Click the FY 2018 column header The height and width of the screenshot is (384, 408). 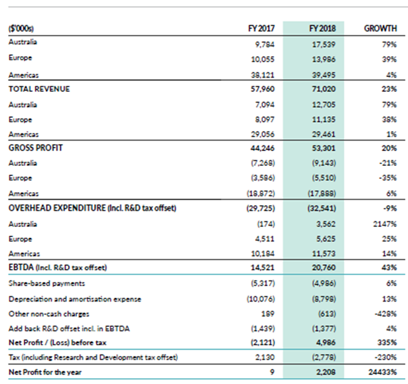pyautogui.click(x=322, y=28)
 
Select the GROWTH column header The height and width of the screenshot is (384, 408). pyautogui.click(x=380, y=28)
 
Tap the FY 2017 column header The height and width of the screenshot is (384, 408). pyautogui.click(x=261, y=28)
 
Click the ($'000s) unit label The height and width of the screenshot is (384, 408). pyautogui.click(x=21, y=28)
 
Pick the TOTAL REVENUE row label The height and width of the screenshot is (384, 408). pyautogui.click(x=39, y=89)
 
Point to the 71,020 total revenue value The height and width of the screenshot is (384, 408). pyautogui.click(x=324, y=89)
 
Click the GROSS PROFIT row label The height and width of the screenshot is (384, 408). pyautogui.click(x=36, y=148)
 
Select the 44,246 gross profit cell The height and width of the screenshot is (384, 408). pyautogui.click(x=263, y=148)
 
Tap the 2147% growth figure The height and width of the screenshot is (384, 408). pyautogui.click(x=385, y=224)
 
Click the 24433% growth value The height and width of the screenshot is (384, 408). pyautogui.click(x=383, y=372)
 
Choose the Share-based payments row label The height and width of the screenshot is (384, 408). pyautogui.click(x=47, y=283)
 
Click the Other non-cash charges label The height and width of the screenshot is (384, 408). pyautogui.click(x=49, y=313)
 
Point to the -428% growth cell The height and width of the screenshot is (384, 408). pyautogui.click(x=386, y=313)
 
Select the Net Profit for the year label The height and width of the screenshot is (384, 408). pyautogui.click(x=45, y=372)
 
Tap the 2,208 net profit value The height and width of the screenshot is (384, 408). pyautogui.click(x=326, y=372)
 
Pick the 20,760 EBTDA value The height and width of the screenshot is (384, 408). pyautogui.click(x=324, y=268)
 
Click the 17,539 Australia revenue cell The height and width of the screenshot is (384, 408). pyautogui.click(x=324, y=44)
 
